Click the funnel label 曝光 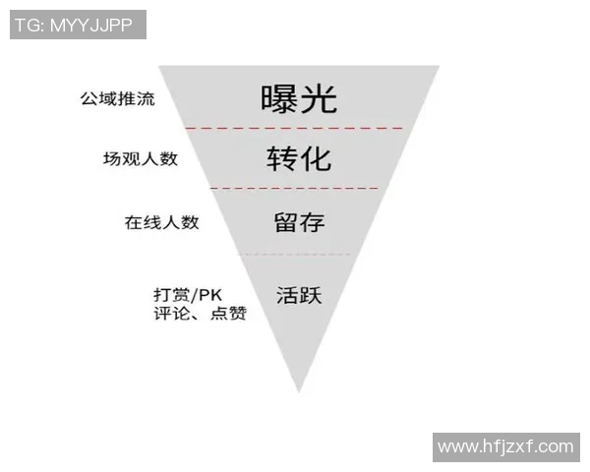[299, 98]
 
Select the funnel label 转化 [299, 158]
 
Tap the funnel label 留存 [299, 221]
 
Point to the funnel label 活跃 [299, 294]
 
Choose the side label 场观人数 [141, 158]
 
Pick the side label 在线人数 [161, 222]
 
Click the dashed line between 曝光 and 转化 [295, 128]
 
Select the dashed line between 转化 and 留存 [295, 188]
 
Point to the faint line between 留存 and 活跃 [295, 255]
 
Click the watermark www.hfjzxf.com [505, 446]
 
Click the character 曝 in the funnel [279, 98]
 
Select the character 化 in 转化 [318, 158]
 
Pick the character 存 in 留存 [312, 221]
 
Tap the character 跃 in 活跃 [312, 294]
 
